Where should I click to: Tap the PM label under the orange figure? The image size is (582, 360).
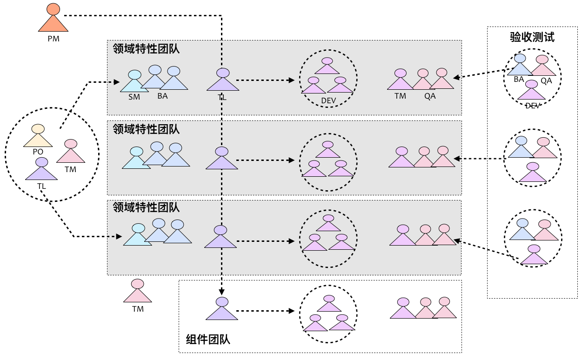pyautogui.click(x=54, y=39)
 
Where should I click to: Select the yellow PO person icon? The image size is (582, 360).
pyautogui.click(x=38, y=135)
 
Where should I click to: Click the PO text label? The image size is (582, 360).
pyautogui.click(x=38, y=152)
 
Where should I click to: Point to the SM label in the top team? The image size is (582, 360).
pyautogui.click(x=134, y=97)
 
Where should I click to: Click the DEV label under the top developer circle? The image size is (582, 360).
pyautogui.click(x=328, y=100)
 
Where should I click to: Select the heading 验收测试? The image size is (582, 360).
pyautogui.click(x=532, y=38)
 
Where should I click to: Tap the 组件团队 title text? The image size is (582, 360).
pyautogui.click(x=208, y=340)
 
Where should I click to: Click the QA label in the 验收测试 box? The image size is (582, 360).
pyautogui.click(x=546, y=80)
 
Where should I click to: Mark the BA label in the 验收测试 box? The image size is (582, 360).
pyautogui.click(x=519, y=80)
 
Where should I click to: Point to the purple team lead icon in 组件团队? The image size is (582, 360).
pyautogui.click(x=222, y=309)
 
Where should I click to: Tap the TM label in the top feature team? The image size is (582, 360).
pyautogui.click(x=400, y=96)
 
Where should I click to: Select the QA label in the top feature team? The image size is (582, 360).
pyautogui.click(x=430, y=96)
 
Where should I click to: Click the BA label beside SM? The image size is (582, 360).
pyautogui.click(x=162, y=96)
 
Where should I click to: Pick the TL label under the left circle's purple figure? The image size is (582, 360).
pyautogui.click(x=41, y=186)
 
